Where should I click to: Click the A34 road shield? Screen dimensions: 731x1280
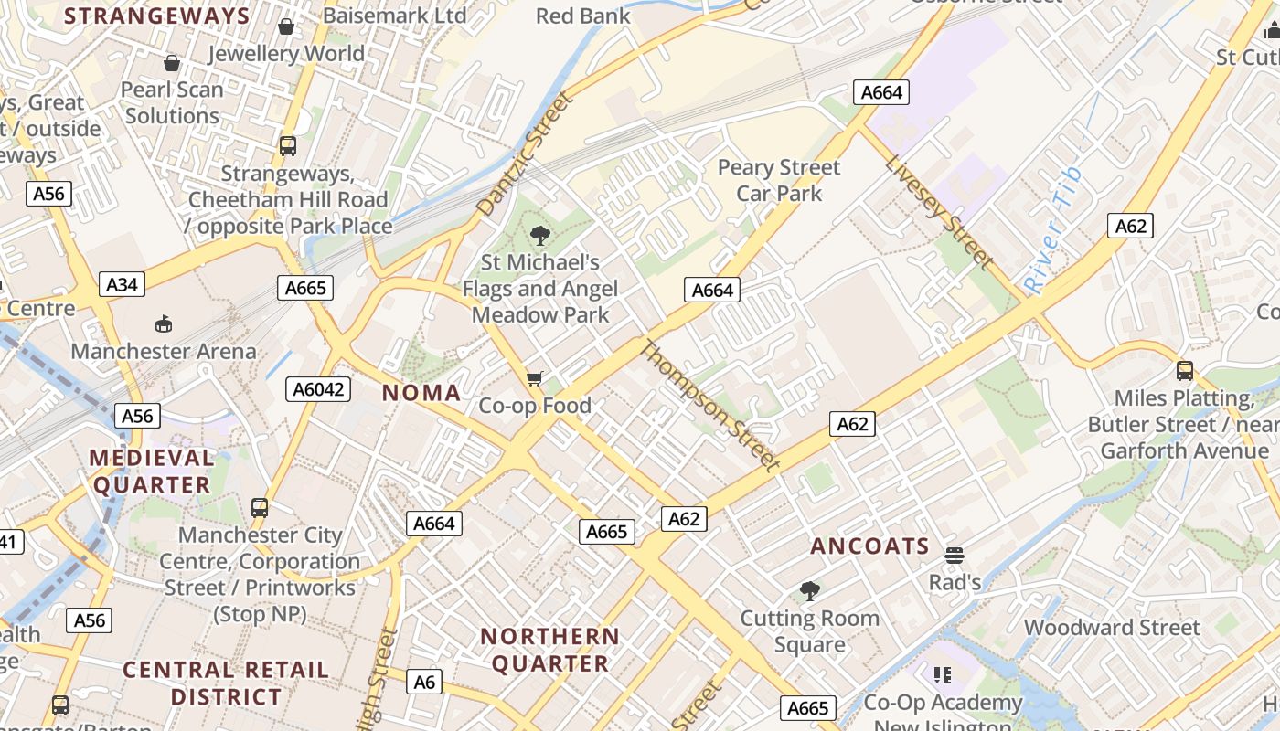(x=122, y=285)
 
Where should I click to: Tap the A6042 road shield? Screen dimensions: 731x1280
(x=318, y=389)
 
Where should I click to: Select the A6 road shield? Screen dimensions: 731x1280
(x=424, y=682)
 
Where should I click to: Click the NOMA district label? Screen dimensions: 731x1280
(x=421, y=393)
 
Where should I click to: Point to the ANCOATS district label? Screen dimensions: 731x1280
(x=869, y=546)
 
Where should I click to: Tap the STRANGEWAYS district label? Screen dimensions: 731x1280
(x=157, y=16)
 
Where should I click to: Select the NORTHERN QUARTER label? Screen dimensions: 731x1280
(x=550, y=650)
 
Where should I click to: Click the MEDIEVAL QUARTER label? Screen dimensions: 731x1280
(x=152, y=471)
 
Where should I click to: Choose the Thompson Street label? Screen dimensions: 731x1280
(x=710, y=406)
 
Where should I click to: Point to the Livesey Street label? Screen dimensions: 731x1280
(x=938, y=212)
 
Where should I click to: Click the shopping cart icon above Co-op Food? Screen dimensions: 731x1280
(x=535, y=378)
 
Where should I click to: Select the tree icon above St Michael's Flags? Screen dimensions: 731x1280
(x=540, y=236)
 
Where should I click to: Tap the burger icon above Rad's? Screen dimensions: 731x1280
(x=955, y=556)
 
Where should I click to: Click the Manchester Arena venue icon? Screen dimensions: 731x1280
(x=164, y=323)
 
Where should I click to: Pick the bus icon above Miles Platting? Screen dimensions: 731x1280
(x=1185, y=371)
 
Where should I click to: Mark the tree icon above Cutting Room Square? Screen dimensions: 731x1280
(x=809, y=591)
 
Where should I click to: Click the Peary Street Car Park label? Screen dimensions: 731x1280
(x=779, y=180)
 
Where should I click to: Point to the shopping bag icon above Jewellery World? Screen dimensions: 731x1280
(x=286, y=26)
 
